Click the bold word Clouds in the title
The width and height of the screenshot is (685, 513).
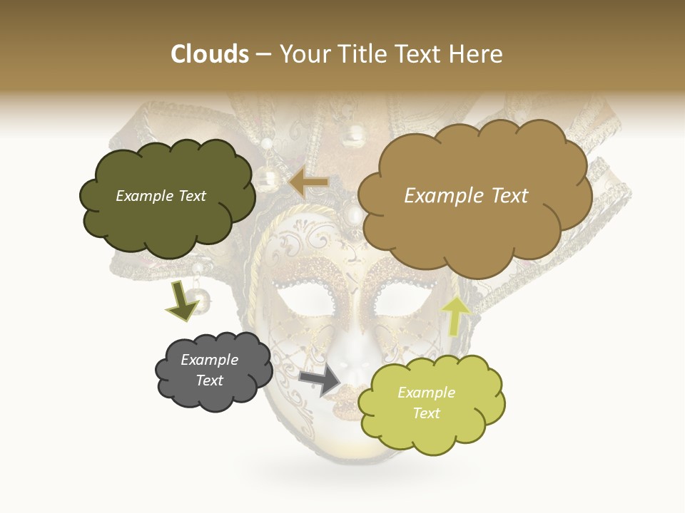(x=210, y=54)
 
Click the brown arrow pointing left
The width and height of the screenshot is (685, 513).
(x=309, y=183)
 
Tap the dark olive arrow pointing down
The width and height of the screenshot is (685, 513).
(x=182, y=300)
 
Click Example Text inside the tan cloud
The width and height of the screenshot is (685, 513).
(x=466, y=196)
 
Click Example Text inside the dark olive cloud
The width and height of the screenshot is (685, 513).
(x=161, y=196)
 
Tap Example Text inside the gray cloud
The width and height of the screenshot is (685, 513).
(x=209, y=370)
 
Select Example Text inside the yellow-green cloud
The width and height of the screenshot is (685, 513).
(x=426, y=403)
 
